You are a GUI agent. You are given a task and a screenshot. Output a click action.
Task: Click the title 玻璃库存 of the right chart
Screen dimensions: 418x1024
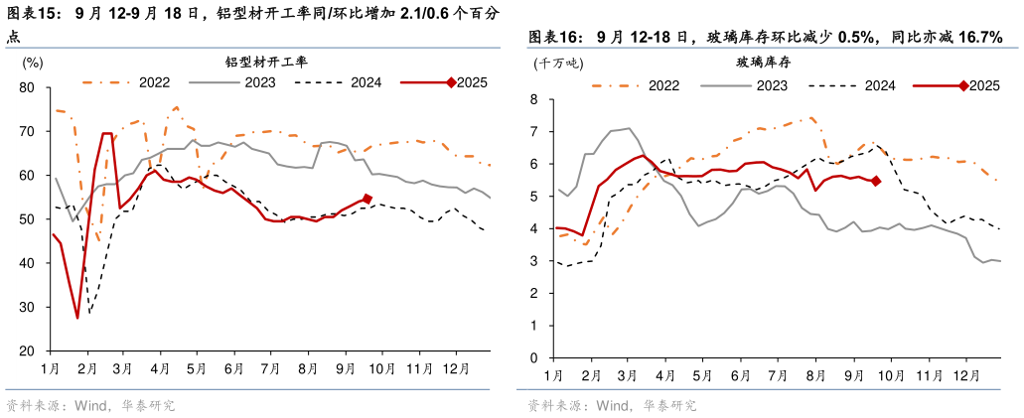(x=763, y=62)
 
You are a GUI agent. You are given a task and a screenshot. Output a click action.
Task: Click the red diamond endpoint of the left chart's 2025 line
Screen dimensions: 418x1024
(x=367, y=199)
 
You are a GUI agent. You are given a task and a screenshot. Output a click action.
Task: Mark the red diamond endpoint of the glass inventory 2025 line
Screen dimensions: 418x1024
(x=875, y=181)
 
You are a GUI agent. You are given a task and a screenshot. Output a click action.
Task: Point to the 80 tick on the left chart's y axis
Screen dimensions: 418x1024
(x=27, y=87)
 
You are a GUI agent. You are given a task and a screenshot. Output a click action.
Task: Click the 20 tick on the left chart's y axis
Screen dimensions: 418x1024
(x=27, y=351)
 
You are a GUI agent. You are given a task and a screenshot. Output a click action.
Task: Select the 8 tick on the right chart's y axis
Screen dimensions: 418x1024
(x=533, y=99)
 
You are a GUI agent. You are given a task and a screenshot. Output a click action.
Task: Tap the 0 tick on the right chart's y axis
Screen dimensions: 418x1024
(x=533, y=357)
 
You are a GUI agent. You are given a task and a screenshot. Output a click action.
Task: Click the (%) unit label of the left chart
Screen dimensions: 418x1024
(x=33, y=63)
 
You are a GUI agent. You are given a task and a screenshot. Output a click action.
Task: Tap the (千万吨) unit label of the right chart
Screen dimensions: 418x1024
(x=556, y=63)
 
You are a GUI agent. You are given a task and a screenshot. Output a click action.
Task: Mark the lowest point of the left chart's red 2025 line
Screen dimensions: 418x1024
(x=77, y=318)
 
